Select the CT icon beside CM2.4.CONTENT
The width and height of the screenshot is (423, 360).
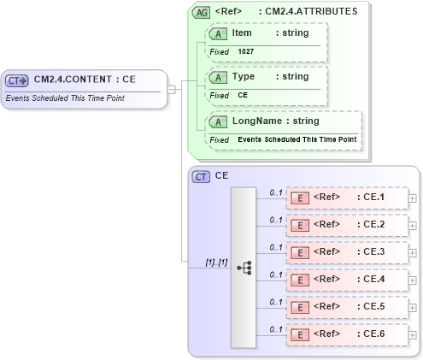tap(17, 80)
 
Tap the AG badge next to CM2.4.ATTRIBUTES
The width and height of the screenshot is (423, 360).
tap(201, 12)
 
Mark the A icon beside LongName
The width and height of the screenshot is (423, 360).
tap(219, 121)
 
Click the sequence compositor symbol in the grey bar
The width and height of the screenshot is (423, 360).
tap(244, 267)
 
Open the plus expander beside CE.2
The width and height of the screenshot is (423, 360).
tap(413, 225)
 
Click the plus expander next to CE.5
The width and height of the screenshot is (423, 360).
tap(413, 307)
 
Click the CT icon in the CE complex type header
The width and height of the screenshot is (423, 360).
tap(201, 176)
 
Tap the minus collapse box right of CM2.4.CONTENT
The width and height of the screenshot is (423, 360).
tap(172, 88)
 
